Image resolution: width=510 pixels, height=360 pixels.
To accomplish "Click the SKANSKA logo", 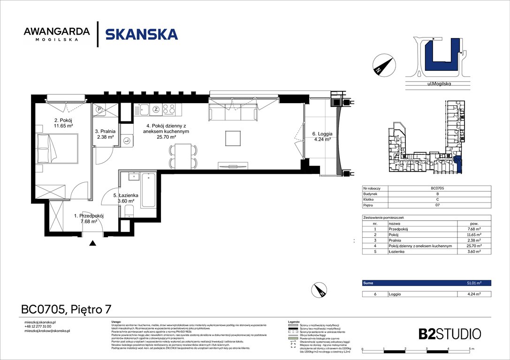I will pos(141,34).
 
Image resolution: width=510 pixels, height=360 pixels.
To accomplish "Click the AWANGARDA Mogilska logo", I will pos(57,34).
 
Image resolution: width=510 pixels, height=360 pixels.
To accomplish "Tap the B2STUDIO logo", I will pos(449,334).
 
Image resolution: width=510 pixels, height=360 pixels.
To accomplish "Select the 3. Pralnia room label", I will pos(106,135).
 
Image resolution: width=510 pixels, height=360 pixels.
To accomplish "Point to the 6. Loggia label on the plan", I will pos(322,136).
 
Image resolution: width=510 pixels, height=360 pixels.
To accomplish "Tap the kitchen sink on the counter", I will pos(142,110).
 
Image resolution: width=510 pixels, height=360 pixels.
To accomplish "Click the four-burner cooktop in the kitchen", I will pos(169,110).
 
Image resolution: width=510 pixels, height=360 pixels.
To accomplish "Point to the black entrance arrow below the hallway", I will pos(93,243).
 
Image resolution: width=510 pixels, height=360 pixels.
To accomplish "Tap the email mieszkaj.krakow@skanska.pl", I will pos(47,330).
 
